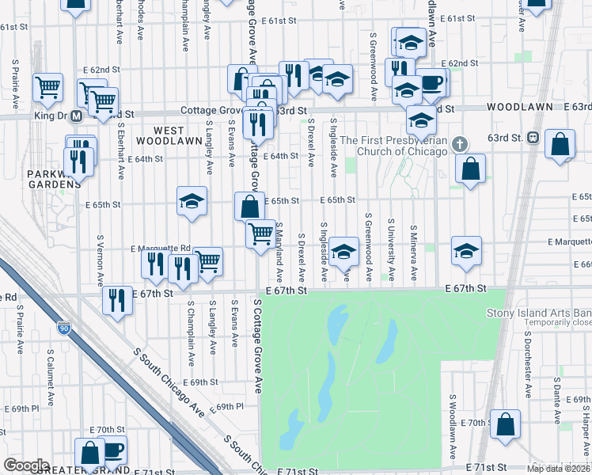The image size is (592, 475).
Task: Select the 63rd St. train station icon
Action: [533, 137]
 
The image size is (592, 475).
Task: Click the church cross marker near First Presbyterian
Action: [461, 144]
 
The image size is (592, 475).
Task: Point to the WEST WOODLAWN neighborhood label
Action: [169, 135]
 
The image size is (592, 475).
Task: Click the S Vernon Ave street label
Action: [100, 260]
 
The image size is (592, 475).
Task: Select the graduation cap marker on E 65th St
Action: [192, 202]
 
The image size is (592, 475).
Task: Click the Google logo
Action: [26, 465]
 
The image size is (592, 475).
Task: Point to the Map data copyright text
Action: [559, 469]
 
